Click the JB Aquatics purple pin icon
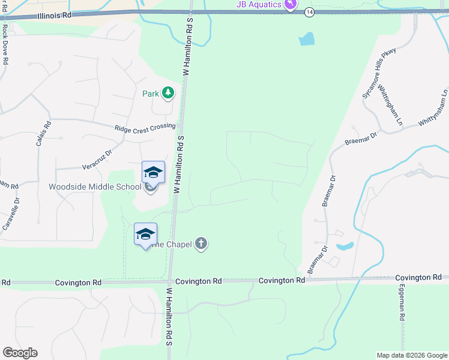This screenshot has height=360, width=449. (291, 5)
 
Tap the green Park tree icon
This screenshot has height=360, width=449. (168, 93)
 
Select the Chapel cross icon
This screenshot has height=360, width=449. (201, 244)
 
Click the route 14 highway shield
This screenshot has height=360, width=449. (309, 12)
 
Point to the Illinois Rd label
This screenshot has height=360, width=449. (54, 16)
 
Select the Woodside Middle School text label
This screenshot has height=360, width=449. (95, 187)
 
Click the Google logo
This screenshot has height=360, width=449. (20, 353)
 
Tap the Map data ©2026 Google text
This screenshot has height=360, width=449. (411, 355)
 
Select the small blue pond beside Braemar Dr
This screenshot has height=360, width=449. (345, 246)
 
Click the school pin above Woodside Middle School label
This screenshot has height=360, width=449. (153, 172)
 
